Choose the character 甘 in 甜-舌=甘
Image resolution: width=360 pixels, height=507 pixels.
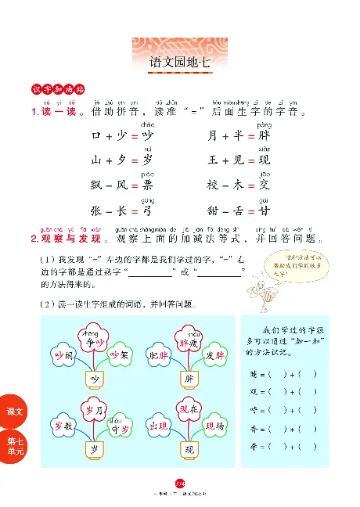pyautogui.click(x=264, y=211)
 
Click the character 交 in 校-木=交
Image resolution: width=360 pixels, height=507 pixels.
pyautogui.click(x=264, y=185)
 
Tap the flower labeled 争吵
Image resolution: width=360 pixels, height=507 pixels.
pyautogui.click(x=93, y=341)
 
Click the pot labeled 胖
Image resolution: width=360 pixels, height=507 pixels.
pyautogui.click(x=188, y=379)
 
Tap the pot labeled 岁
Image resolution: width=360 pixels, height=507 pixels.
pyautogui.click(x=94, y=449)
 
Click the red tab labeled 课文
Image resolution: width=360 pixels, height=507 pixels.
pyautogui.click(x=15, y=411)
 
